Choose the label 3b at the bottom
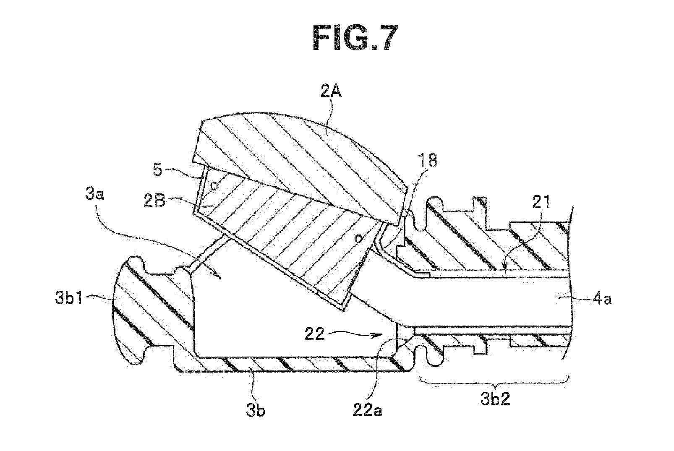pos(256,411)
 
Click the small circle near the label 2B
pos(214,185)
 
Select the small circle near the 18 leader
pos(358,239)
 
